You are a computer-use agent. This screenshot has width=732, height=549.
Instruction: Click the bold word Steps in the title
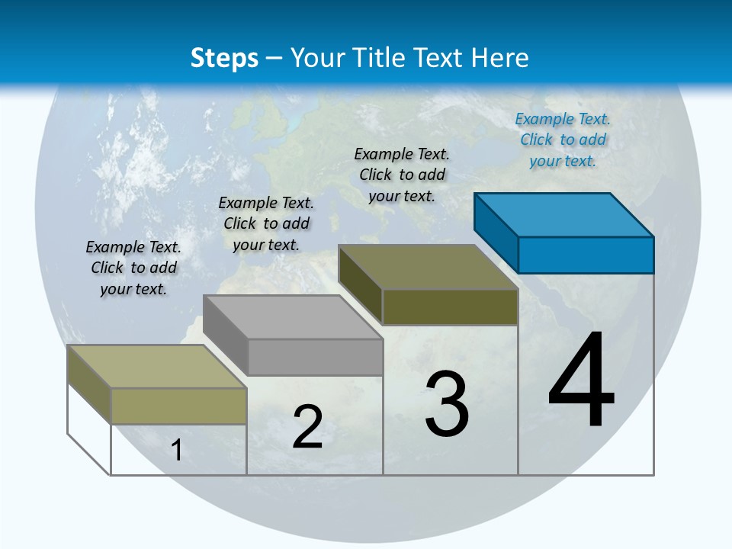click(224, 58)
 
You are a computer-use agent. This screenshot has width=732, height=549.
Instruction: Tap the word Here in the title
click(500, 58)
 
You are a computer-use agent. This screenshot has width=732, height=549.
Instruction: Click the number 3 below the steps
click(447, 404)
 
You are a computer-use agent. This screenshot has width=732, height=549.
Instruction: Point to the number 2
click(307, 427)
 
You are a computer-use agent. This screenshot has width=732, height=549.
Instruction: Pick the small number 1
click(177, 450)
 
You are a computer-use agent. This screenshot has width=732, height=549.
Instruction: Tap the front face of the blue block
click(586, 255)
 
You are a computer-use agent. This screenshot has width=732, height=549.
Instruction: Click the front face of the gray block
click(315, 357)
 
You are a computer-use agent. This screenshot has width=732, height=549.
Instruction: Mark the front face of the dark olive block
click(450, 307)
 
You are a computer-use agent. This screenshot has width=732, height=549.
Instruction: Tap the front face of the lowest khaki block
click(178, 406)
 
